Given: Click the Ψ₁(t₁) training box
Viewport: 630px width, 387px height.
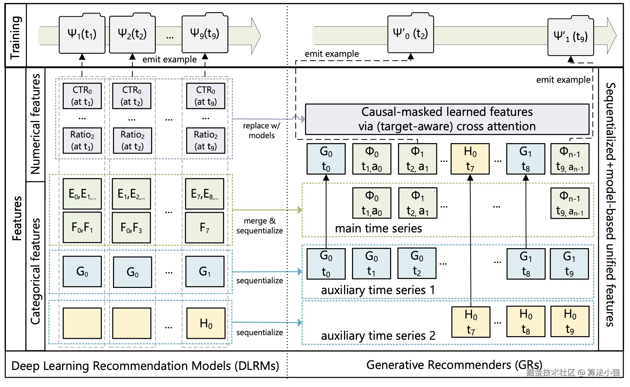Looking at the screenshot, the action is point(82,33).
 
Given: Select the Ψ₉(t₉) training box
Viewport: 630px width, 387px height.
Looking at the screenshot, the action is point(205,33).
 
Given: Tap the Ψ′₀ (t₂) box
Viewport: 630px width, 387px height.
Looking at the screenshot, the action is point(410,33).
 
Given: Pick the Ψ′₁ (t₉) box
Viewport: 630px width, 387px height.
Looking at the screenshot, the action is point(571,36).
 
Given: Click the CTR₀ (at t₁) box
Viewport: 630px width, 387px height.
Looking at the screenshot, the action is point(82,96).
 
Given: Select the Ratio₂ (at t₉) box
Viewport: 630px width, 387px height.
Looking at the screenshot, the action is point(206,140).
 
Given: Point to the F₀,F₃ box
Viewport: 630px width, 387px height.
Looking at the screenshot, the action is point(131,227).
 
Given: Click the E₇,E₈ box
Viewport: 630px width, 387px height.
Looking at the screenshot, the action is point(204,194).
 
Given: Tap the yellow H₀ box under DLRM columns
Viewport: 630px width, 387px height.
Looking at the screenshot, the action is point(206,323).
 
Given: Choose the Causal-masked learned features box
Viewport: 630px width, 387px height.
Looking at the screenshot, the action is point(447,119).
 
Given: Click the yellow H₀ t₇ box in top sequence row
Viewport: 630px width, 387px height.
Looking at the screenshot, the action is point(470,159).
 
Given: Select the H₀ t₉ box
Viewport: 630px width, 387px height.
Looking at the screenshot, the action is point(570,321).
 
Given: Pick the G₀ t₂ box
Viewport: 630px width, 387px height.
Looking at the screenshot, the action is point(417,263).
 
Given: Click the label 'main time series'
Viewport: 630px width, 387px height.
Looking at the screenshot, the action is point(378,228).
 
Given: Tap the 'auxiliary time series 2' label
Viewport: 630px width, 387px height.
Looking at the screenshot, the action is point(378,335).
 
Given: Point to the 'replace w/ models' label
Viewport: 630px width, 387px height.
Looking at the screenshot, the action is point(262,130).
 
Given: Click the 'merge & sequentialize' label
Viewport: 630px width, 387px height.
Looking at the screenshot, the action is point(260,226).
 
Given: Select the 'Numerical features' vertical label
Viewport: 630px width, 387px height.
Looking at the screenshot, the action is point(35,124).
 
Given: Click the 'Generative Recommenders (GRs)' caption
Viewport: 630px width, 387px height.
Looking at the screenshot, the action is point(454,365).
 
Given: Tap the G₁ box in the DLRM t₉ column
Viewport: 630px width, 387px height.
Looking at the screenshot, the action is point(205,271).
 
